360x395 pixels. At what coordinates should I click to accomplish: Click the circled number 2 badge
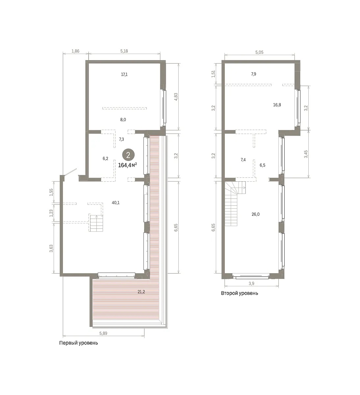point(128,155)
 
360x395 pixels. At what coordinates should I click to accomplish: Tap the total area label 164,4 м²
point(127,165)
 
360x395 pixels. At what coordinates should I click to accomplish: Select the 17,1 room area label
point(124,74)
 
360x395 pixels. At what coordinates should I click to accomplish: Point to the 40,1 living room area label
point(116,203)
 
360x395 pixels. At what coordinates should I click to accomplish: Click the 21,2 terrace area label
point(141,292)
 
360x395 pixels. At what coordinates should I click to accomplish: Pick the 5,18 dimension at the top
point(124,51)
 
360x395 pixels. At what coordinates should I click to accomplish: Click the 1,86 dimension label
point(75,51)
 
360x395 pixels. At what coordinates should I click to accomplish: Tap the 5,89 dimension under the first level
point(103,333)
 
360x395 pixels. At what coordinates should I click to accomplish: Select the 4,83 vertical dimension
point(176,97)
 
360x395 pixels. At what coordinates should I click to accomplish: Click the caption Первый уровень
point(79,343)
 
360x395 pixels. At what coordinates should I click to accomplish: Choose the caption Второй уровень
point(240,293)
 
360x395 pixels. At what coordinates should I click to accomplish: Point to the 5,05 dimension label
point(259,52)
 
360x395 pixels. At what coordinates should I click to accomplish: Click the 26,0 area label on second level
point(256,214)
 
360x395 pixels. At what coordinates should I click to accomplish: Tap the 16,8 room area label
point(277,105)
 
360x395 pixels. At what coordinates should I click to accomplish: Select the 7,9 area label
point(254,74)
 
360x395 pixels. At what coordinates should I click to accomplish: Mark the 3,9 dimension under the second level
point(251,283)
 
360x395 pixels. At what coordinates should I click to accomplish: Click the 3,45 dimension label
point(306,154)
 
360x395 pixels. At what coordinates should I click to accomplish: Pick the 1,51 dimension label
point(213,74)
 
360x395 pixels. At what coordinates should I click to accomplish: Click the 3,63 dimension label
point(51,249)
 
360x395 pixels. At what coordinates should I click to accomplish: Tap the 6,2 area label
point(105,159)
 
